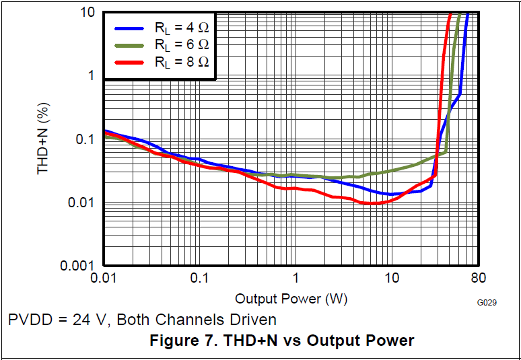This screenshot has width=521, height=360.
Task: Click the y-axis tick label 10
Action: (x=85, y=12)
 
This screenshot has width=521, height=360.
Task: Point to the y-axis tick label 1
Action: (x=90, y=75)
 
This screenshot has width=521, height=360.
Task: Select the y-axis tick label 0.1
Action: (x=85, y=139)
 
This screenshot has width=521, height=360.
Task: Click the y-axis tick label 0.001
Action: (x=79, y=266)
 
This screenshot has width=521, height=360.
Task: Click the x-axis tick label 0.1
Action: (x=199, y=278)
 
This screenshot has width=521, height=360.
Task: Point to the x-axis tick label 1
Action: (x=295, y=278)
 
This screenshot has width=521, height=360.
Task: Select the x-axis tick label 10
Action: (x=391, y=278)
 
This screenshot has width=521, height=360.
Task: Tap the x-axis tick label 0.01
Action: (x=103, y=278)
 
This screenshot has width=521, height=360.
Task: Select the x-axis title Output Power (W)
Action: (x=291, y=298)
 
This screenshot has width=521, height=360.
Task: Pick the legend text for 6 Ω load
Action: (x=181, y=45)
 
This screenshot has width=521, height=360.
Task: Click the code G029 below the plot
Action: (x=486, y=303)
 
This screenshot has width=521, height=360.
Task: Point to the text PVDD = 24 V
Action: (x=57, y=320)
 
